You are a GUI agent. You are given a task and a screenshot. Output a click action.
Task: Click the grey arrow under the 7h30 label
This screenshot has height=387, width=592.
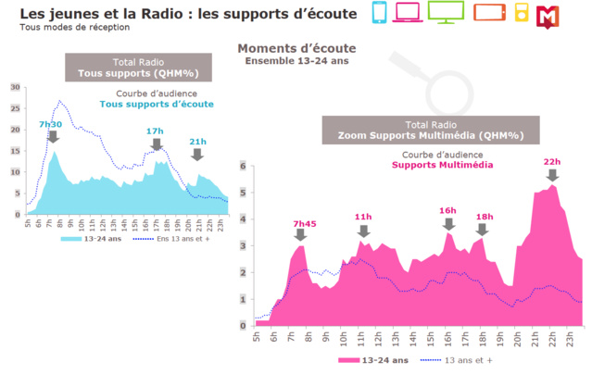[53, 137]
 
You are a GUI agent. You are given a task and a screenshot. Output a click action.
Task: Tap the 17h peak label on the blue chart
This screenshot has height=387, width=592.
[155, 131]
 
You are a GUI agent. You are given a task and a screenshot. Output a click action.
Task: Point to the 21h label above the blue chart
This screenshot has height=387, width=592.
[197, 142]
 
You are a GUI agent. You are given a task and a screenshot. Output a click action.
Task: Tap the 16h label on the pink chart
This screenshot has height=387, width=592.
[448, 210]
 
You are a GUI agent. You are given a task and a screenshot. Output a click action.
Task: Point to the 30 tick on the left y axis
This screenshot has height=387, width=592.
[15, 87]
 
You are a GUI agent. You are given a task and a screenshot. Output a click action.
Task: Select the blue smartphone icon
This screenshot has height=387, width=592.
[379, 13]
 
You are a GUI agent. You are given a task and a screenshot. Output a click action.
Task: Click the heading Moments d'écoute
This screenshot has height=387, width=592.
[296, 48]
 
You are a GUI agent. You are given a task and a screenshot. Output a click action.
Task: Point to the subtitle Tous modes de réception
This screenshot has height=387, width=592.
[64, 26]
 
